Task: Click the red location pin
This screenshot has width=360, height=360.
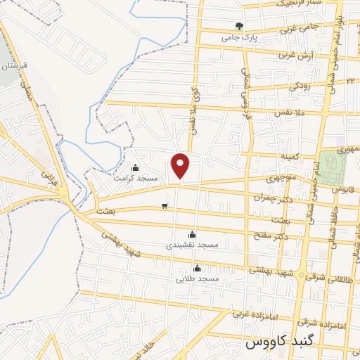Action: coord(181,166)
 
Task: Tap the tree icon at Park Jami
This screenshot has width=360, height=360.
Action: coord(240,27)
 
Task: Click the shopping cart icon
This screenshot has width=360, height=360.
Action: coord(165,206)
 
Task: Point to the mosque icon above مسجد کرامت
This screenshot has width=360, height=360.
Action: coord(136,168)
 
